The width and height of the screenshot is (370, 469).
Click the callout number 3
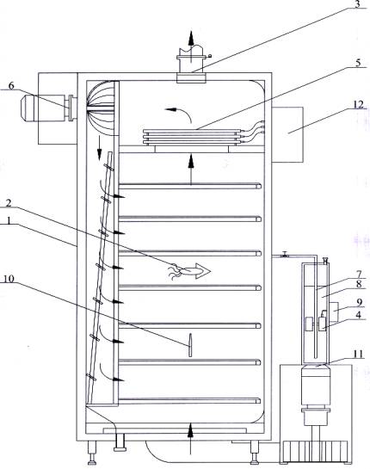tap(357, 5)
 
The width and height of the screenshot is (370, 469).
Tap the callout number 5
tap(358, 63)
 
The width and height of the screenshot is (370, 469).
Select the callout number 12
tap(358, 104)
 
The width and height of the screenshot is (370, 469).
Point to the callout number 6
tap(11, 85)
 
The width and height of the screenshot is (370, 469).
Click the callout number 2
tap(9, 203)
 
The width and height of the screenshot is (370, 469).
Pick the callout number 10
tap(9, 279)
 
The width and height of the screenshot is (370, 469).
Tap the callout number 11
tap(358, 355)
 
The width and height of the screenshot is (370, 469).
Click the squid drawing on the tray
tap(189, 271)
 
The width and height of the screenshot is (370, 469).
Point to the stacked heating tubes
tap(191, 137)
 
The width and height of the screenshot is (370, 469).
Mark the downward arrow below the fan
tap(98, 149)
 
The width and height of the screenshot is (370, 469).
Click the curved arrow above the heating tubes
tap(178, 113)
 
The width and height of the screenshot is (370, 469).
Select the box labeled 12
tap(287, 134)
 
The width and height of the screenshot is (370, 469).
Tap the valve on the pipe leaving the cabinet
tap(285, 256)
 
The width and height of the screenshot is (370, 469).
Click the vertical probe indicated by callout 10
tap(190, 345)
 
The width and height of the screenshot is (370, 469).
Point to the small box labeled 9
tap(333, 312)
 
